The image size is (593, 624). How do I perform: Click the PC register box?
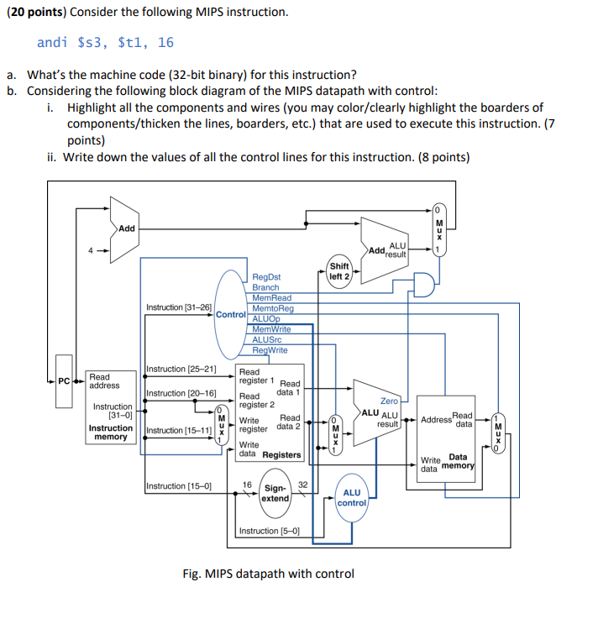(64, 381)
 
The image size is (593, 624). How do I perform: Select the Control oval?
(232, 314)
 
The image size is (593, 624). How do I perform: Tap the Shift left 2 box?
(340, 271)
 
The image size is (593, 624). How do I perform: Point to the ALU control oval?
(352, 497)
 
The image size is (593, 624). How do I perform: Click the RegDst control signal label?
(266, 276)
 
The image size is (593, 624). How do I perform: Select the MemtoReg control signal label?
(273, 308)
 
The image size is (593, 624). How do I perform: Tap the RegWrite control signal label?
(270, 350)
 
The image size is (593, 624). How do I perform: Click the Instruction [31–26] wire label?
(179, 307)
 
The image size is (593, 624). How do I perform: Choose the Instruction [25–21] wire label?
(181, 370)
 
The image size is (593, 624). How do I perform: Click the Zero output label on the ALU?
(389, 401)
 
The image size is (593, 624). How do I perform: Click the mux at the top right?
(438, 229)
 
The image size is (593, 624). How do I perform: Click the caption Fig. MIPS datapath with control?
(268, 574)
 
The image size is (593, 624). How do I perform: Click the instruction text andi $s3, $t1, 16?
(105, 42)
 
